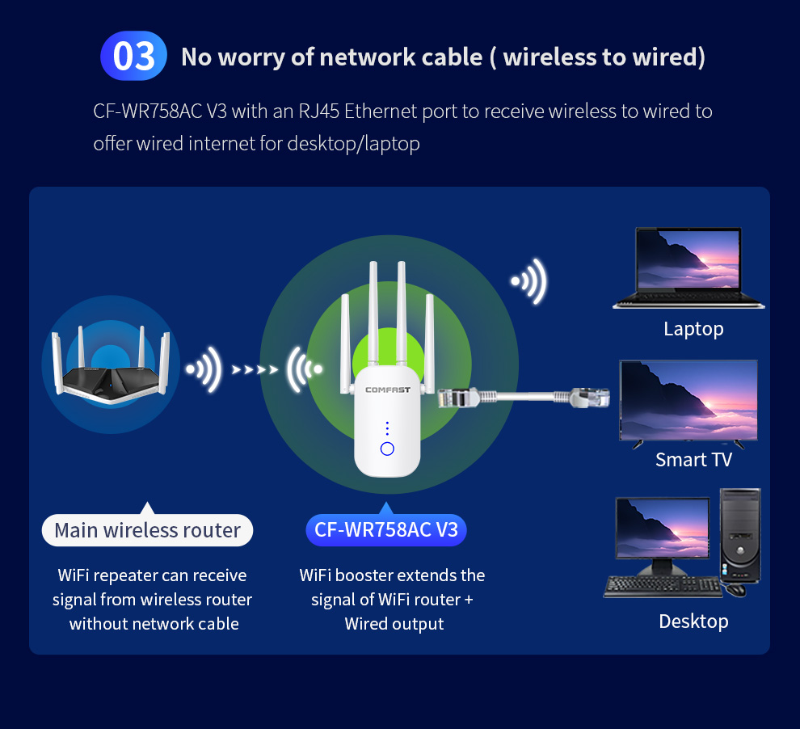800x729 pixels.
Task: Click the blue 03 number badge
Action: tap(133, 57)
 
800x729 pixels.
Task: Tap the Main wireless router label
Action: tap(147, 531)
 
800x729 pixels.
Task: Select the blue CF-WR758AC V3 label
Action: tap(386, 530)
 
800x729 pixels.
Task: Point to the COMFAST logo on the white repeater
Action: tap(387, 390)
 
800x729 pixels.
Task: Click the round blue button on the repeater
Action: tap(387, 449)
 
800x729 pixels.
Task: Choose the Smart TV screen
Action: tap(688, 400)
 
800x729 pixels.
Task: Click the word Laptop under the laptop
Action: tap(693, 329)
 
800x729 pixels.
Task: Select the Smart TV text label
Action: tap(693, 460)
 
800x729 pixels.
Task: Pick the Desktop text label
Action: tap(693, 622)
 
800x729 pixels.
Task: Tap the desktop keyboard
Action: tap(663, 586)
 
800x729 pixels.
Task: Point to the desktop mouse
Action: tap(735, 591)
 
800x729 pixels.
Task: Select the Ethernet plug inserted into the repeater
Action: tap(457, 398)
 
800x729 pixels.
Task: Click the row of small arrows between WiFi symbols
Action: tap(255, 370)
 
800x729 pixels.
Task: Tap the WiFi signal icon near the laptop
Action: tap(529, 282)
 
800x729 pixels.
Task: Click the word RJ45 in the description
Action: tap(318, 112)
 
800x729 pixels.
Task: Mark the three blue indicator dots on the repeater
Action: tap(387, 428)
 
